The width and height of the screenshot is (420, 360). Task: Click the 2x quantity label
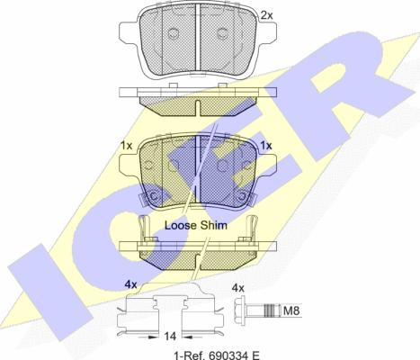[266, 15]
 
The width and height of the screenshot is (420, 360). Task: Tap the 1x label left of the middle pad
[127, 146]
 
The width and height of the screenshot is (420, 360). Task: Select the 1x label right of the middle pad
[265, 146]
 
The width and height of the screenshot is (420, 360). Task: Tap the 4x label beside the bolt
[237, 288]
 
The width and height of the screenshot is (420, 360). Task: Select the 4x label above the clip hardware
[130, 284]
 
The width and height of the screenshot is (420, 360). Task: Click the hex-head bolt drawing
[255, 311]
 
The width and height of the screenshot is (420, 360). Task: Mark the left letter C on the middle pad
[151, 197]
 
